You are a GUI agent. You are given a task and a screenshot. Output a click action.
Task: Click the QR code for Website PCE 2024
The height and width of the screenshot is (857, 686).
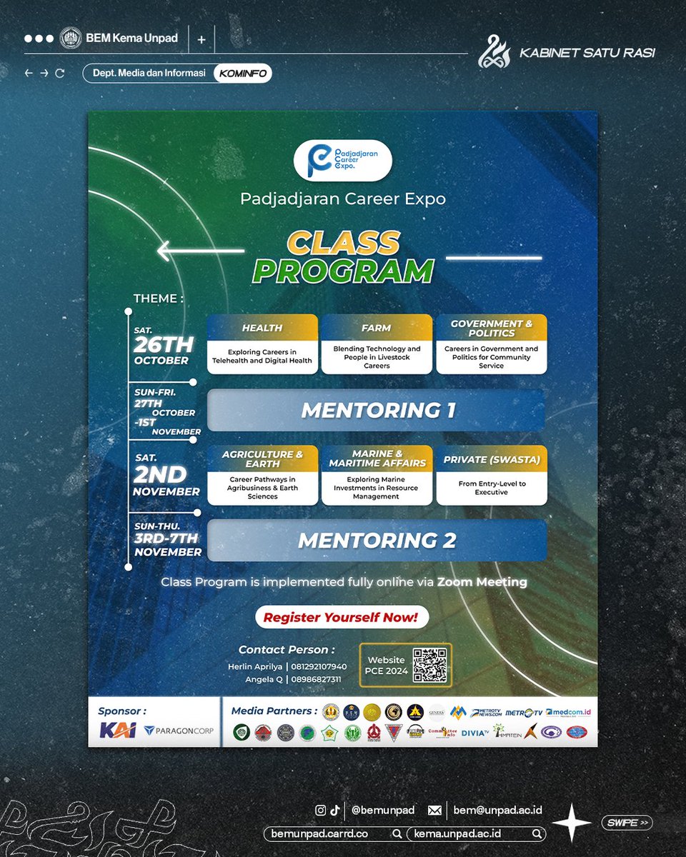(429, 665)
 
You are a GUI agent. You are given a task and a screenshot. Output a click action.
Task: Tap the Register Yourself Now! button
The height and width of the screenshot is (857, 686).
(342, 617)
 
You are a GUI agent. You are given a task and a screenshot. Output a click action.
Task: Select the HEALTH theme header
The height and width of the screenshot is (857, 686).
(262, 328)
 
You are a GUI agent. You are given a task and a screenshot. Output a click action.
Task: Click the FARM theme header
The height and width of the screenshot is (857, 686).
(377, 328)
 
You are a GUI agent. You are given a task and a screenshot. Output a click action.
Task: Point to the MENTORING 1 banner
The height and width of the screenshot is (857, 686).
(377, 411)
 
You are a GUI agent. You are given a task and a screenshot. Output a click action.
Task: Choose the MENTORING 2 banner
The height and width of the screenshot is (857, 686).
(377, 541)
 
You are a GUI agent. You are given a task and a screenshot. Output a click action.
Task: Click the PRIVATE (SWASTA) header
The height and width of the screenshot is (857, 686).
(492, 459)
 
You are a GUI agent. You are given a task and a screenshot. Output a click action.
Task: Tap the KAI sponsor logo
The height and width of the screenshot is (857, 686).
(118, 731)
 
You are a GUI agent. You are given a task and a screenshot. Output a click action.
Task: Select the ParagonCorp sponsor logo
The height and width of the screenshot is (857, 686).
(179, 731)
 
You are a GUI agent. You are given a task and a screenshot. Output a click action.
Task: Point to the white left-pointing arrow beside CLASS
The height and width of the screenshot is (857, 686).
(200, 251)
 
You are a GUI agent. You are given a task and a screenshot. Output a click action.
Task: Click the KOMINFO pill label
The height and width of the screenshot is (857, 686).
(242, 73)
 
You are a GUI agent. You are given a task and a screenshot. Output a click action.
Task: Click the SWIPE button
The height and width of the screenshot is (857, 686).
(627, 823)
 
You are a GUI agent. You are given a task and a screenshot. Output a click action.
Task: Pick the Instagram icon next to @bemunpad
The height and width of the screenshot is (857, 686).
(321, 811)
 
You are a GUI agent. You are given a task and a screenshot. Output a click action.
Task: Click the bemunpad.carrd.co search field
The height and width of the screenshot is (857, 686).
(333, 833)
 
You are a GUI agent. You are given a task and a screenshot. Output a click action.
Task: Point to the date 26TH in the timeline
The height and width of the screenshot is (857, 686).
(164, 345)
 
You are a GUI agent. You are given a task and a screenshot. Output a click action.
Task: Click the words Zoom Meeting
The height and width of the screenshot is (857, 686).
(482, 582)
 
